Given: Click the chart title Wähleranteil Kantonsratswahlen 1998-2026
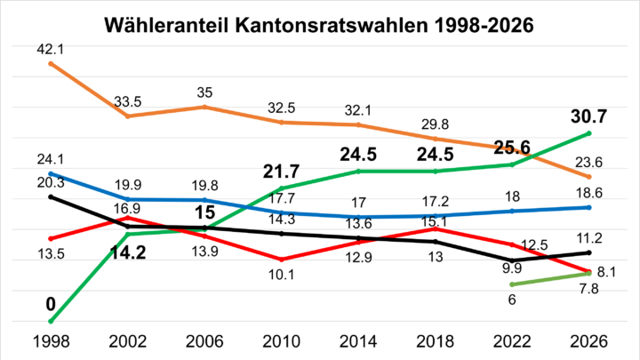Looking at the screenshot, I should (x=319, y=25).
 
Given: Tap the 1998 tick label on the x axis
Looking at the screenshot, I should (x=51, y=340).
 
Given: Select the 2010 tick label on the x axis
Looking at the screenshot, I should (x=281, y=340).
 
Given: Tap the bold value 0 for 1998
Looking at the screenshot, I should (x=51, y=304).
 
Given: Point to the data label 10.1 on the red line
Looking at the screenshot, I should (x=281, y=274).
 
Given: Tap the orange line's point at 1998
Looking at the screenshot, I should (x=51, y=63).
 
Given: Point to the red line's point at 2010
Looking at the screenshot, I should (x=281, y=260).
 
